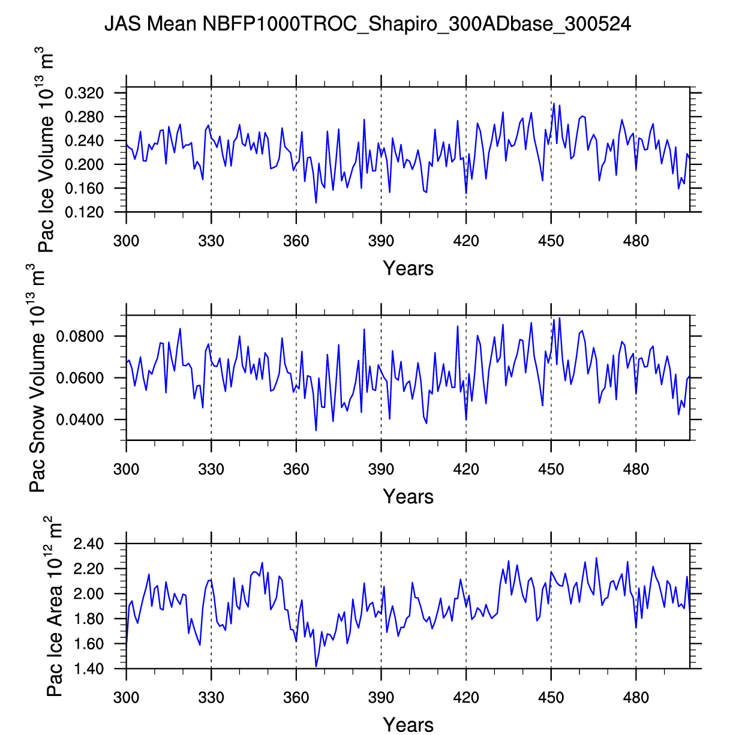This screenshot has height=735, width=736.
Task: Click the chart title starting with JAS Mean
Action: [367, 24]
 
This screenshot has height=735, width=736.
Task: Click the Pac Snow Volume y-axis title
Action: [38, 378]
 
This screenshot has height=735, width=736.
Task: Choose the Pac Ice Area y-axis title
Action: [55, 606]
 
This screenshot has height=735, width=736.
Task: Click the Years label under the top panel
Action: [408, 268]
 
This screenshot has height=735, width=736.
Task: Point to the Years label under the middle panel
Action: [408, 496]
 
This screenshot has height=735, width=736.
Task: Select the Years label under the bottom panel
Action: [408, 724]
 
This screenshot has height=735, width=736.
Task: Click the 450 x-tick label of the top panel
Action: [551, 241]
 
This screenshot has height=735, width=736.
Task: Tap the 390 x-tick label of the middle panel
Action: [381, 469]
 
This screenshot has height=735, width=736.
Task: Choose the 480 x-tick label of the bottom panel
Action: [636, 697]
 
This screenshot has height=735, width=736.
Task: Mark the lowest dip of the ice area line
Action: [316, 666]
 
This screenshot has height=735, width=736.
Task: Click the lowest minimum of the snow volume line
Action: [316, 430]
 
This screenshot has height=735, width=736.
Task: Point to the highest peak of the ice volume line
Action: [554, 103]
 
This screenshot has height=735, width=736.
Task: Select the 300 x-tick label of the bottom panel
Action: [126, 697]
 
